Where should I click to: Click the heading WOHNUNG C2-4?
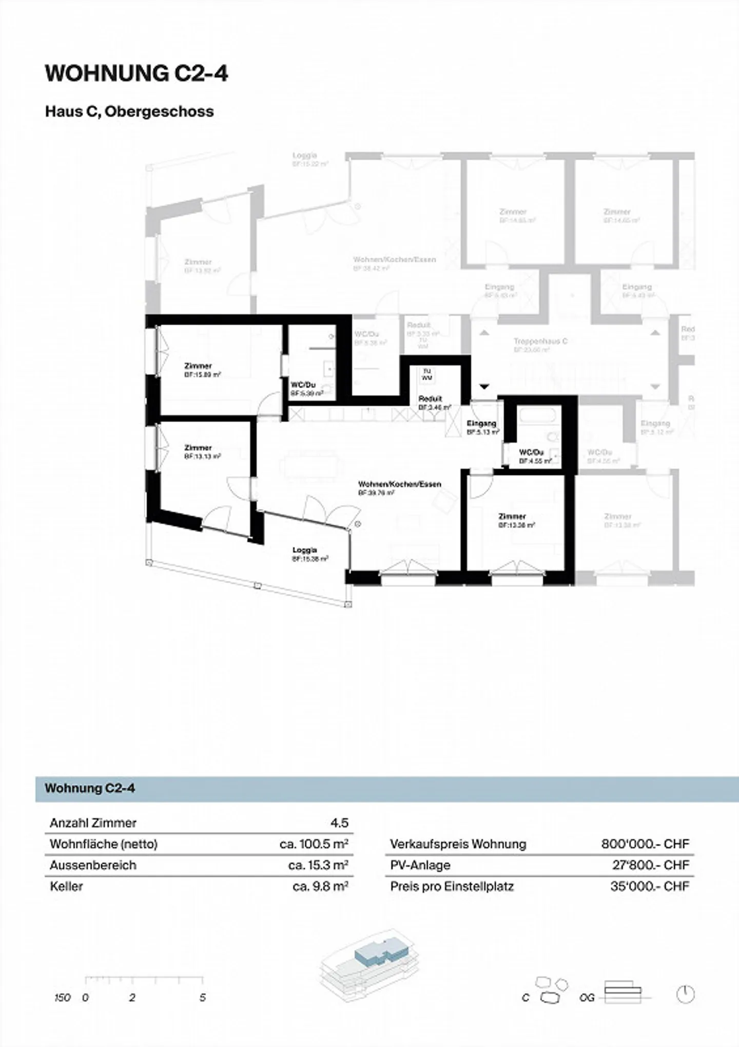[x=137, y=74]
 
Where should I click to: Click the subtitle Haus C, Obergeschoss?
[x=129, y=111]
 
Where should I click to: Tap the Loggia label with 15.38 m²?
[x=305, y=550]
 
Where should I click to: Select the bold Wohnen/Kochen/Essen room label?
[x=399, y=484]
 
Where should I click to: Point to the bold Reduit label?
[x=430, y=398]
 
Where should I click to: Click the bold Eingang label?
[x=481, y=424]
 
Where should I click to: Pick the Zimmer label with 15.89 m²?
[x=198, y=366]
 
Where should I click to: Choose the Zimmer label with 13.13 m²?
[x=198, y=448]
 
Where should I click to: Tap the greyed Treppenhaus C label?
[x=540, y=341]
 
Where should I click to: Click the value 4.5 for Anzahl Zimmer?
[x=339, y=823]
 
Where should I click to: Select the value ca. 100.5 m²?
[x=314, y=844]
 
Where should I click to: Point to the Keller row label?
[x=66, y=886]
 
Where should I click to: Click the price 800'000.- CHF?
[x=645, y=844]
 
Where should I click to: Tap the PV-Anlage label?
[x=420, y=865]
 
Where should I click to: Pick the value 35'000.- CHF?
[x=649, y=886]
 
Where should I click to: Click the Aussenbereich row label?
[x=93, y=865]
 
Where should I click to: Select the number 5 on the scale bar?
[x=203, y=997]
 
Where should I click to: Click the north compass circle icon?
[x=685, y=994]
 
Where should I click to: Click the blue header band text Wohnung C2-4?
[x=90, y=788]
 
